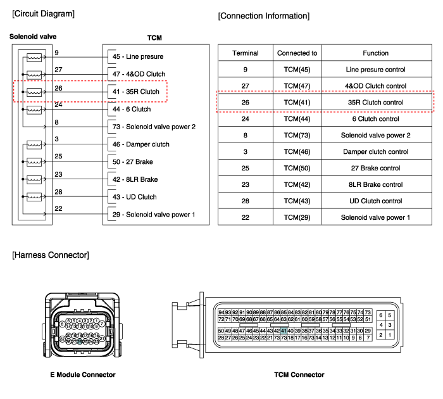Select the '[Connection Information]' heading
pos(263,15)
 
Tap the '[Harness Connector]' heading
pos(50,255)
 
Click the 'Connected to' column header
pos(297,53)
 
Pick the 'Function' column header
pos(376,53)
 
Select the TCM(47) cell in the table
pos(297,85)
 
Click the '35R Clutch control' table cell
pos(376,102)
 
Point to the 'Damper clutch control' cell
pos(376,151)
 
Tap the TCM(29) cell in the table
pos(297,217)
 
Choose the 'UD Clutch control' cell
pos(376,201)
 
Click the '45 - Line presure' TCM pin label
pos(137,57)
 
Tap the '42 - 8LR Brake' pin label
pos(135,179)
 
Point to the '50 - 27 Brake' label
pos(133,161)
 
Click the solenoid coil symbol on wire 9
pos(33,58)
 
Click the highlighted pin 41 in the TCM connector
pos(284,331)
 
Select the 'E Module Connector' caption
pos(83,375)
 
